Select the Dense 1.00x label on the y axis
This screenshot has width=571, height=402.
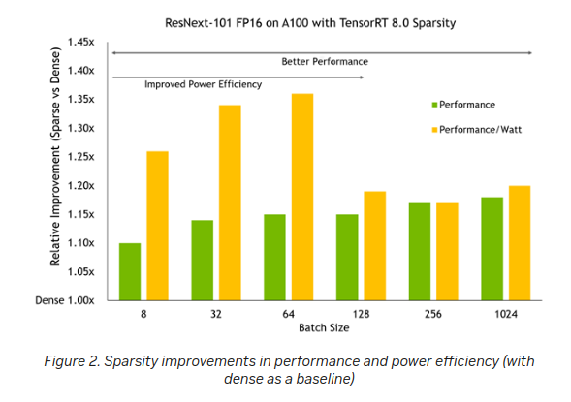coord(67,300)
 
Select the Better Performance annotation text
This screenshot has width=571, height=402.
coord(325,62)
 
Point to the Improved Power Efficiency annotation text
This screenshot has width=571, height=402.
coord(204,85)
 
